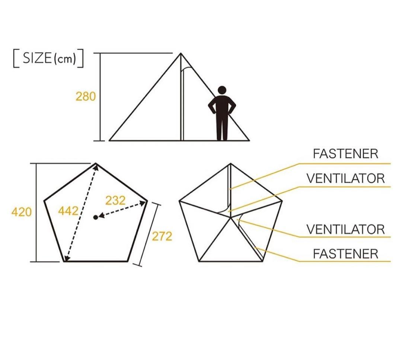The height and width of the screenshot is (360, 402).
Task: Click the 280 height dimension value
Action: coord(86,97)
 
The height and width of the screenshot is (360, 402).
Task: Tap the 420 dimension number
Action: coord(22,212)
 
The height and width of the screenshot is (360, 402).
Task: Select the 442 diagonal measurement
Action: coord(68,211)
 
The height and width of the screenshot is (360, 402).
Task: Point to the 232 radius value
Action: coord(115,200)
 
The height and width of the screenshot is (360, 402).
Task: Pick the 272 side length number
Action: coord(162,236)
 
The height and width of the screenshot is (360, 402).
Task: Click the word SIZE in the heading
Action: coord(38,58)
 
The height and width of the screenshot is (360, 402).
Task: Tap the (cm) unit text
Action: coord(65,59)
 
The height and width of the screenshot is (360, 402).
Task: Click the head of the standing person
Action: coord(222,90)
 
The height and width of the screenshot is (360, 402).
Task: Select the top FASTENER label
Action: coord(345,154)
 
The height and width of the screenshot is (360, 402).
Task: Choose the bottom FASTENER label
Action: coord(345,254)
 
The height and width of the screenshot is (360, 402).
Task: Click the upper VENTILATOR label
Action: coord(345,178)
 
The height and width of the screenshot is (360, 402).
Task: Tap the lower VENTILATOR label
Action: coord(345,229)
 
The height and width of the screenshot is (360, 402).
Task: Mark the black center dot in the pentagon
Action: coord(96,217)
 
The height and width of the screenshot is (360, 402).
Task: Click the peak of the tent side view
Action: coord(181,53)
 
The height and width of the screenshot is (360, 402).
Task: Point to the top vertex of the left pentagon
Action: coord(96,163)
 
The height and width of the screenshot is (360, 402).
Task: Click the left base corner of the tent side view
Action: coord(109,140)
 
